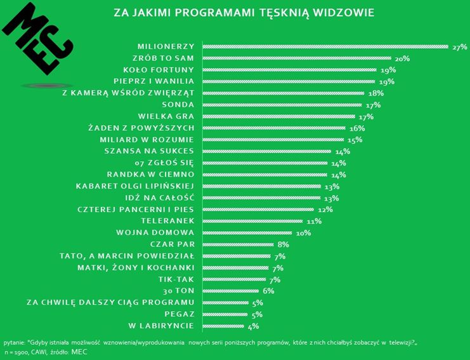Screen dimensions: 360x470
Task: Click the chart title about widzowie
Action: (x=243, y=12)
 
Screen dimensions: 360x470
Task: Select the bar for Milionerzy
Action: (x=323, y=46)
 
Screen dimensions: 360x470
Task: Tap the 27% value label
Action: (x=459, y=47)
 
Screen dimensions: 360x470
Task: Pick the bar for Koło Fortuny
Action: (x=289, y=70)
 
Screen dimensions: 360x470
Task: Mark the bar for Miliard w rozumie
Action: (x=273, y=140)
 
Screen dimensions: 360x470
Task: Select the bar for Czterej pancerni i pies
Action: (x=258, y=209)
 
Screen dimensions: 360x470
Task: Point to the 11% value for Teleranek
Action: (x=314, y=221)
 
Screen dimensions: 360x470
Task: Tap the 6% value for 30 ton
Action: (x=268, y=291)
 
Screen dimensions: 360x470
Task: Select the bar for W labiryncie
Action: (x=223, y=326)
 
